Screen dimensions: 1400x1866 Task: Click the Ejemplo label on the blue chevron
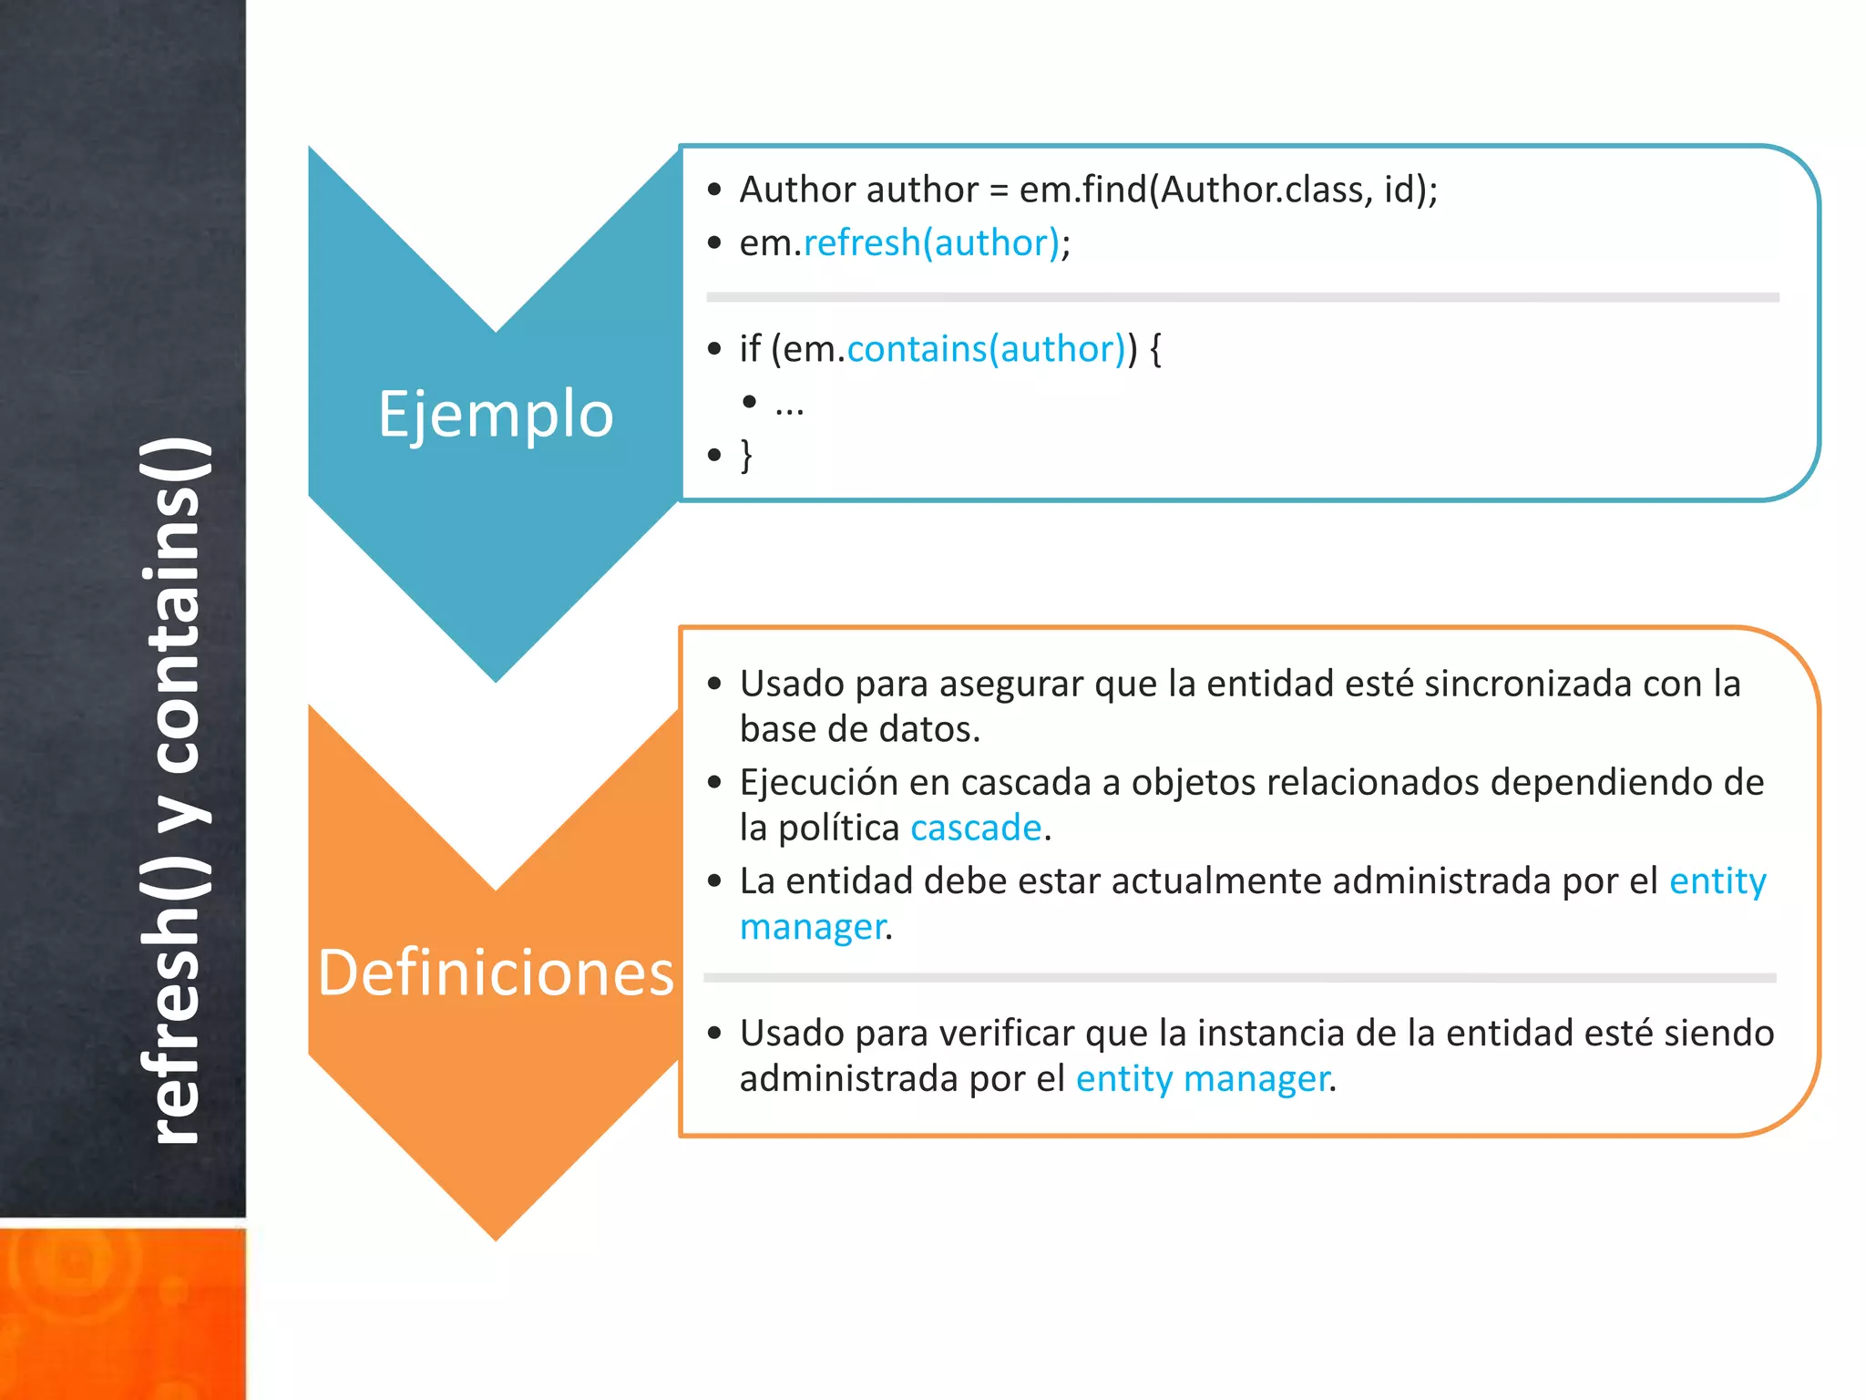(x=496, y=415)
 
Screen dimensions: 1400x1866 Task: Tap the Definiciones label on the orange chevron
(x=496, y=973)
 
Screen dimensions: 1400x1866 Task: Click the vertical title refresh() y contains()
(x=175, y=791)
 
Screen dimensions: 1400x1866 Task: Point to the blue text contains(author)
(x=986, y=349)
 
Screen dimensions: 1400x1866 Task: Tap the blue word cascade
(x=976, y=829)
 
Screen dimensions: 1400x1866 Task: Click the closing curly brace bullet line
(x=746, y=455)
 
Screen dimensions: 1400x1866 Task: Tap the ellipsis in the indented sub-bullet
(x=789, y=404)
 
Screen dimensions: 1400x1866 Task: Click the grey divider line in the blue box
(x=1242, y=298)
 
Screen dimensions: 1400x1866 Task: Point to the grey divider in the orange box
(x=1239, y=978)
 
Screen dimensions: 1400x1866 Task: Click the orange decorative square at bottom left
(x=122, y=1312)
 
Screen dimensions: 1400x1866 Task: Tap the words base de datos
(x=859, y=730)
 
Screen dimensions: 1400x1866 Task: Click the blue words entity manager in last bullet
(x=1203, y=1079)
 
